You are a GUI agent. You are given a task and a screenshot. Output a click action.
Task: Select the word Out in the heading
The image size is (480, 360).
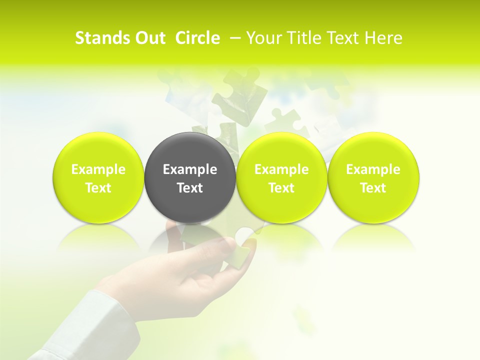[148, 38]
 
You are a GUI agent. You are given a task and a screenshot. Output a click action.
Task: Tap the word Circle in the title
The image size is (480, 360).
[197, 38]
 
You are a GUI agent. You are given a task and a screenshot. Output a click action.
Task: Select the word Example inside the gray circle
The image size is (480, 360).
[190, 169]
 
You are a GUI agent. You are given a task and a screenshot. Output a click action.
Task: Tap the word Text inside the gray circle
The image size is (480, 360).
[190, 188]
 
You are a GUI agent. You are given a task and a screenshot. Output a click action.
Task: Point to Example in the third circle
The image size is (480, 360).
[281, 169]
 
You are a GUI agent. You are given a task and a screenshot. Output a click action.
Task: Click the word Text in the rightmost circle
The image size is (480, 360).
[373, 188]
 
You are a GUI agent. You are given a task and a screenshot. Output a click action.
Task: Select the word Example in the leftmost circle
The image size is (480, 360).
[98, 169]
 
